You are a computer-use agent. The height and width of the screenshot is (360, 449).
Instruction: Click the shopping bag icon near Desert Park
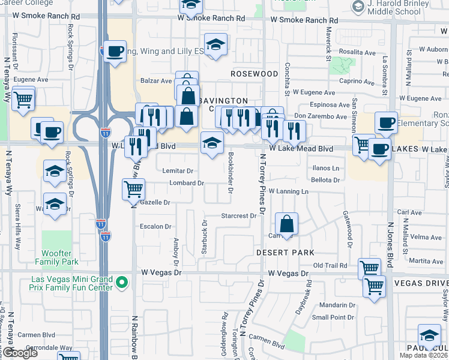(x=288, y=224)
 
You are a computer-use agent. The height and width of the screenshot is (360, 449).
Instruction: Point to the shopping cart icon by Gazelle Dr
(x=133, y=189)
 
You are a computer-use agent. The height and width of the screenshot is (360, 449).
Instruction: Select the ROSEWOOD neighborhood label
(x=255, y=74)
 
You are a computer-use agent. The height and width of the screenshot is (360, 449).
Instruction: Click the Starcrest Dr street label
(x=238, y=215)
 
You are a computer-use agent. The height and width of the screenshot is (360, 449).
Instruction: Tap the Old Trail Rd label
(x=330, y=265)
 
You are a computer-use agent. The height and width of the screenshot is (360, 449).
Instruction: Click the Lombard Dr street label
(x=187, y=183)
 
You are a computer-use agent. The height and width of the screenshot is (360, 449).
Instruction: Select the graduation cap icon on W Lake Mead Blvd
(x=212, y=143)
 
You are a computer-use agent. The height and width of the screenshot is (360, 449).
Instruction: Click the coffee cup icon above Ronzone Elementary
(x=386, y=122)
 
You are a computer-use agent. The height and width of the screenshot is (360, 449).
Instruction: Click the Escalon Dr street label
(x=155, y=226)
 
